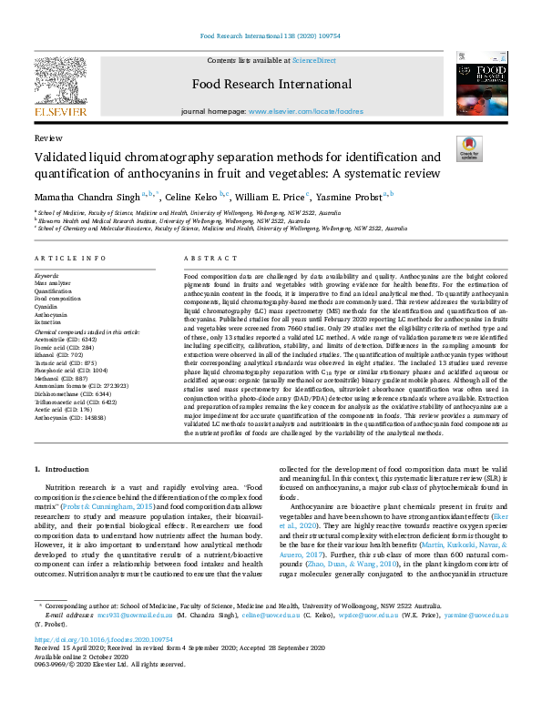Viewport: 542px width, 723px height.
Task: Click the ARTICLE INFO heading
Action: pyautogui.click(x=66, y=259)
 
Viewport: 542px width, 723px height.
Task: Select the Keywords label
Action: pyautogui.click(x=46, y=274)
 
